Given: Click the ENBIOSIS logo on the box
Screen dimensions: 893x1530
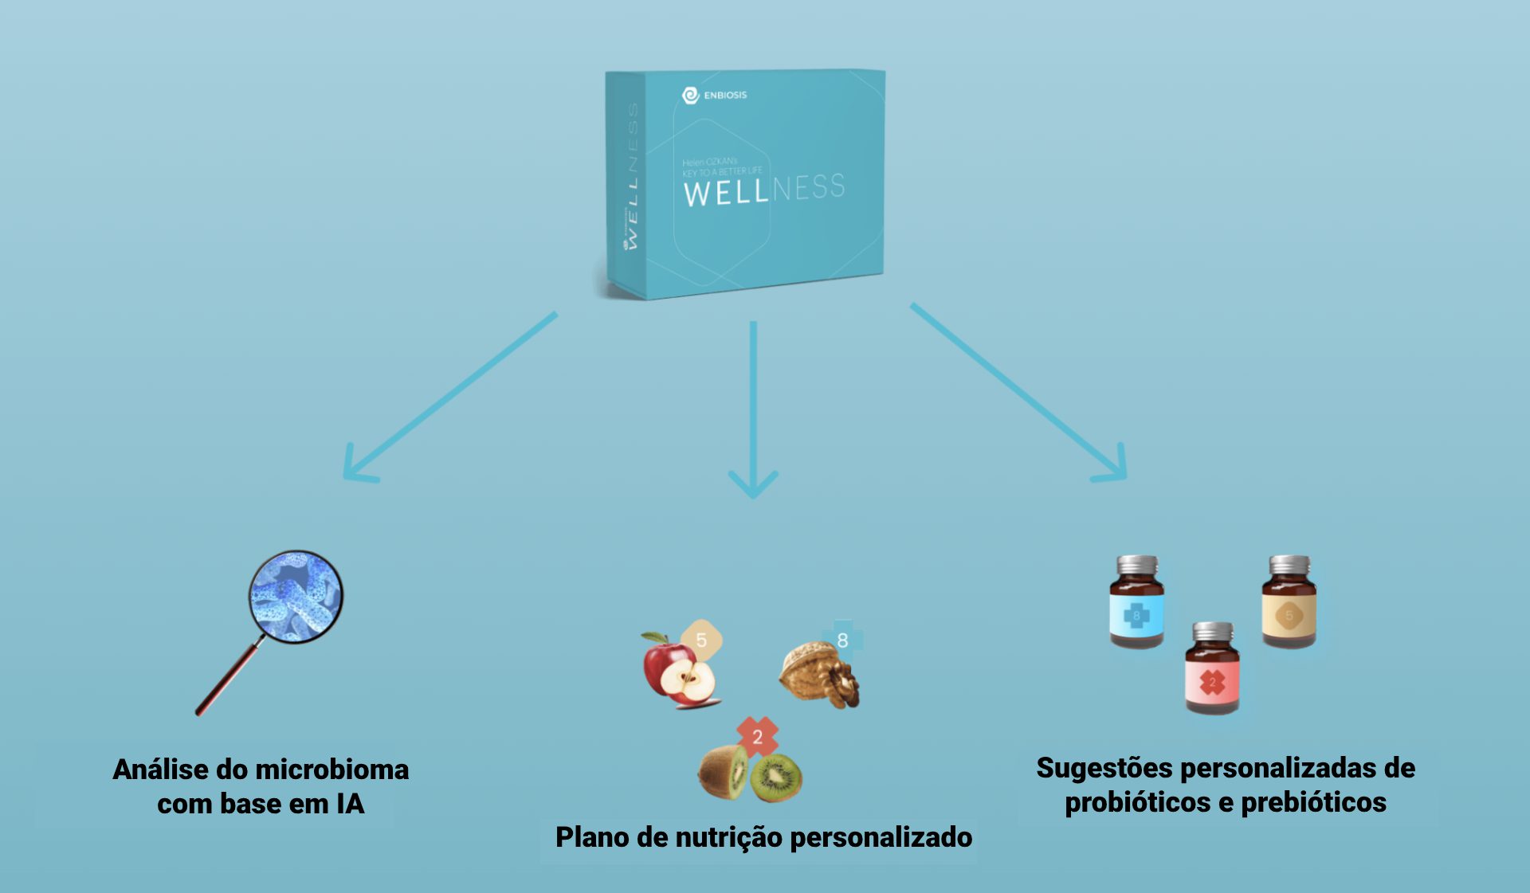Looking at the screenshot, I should (x=714, y=96).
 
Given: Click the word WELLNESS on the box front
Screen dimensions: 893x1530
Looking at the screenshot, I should (x=763, y=190).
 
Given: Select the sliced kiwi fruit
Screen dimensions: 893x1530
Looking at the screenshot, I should (x=750, y=774).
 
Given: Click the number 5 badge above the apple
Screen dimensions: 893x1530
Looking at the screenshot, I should (x=701, y=640).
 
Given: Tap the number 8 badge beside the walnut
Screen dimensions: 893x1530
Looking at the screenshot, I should (x=843, y=640).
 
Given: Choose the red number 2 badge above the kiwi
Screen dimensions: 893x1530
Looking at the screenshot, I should (x=757, y=736).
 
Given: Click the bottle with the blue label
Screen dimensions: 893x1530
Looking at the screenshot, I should (x=1137, y=602).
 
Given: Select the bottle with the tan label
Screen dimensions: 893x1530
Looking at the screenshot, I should (x=1289, y=602).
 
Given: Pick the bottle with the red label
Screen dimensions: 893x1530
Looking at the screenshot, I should (x=1212, y=669).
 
